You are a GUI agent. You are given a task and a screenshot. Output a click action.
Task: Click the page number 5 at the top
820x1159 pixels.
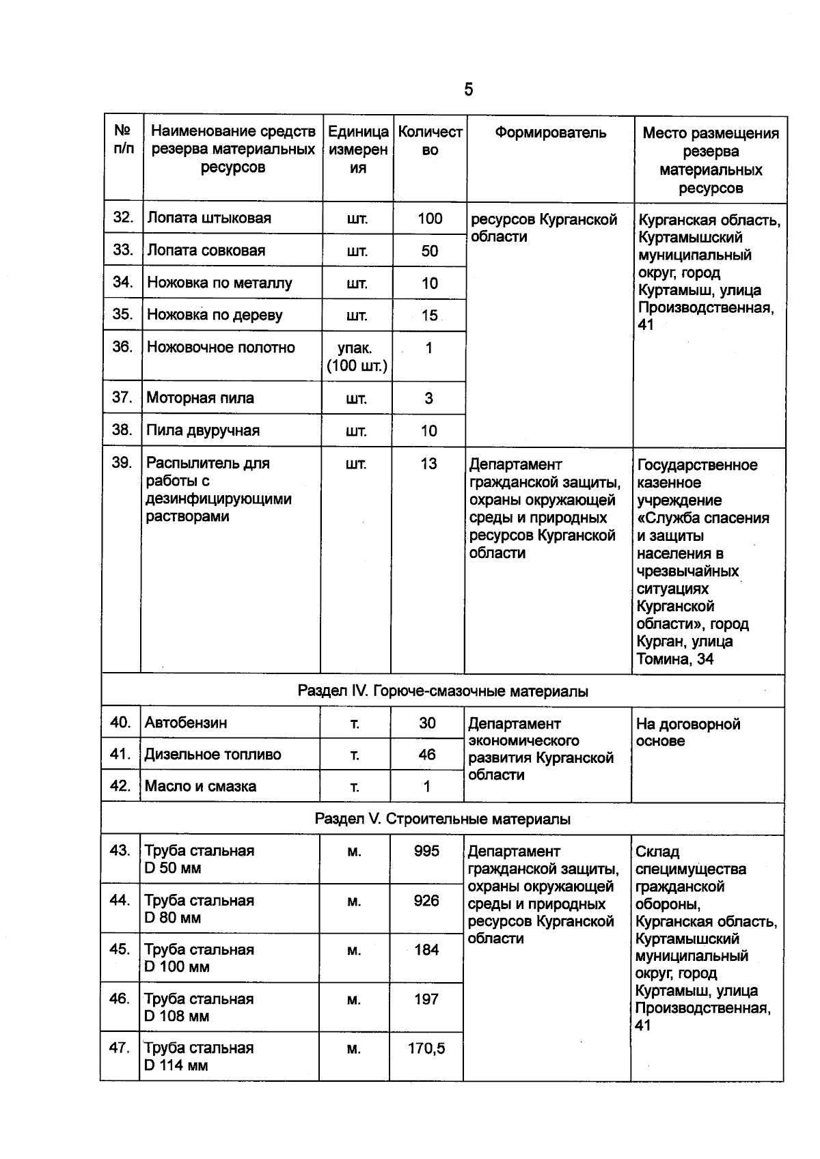[468, 89]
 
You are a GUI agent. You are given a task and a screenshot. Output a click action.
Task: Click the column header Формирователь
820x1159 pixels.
[550, 132]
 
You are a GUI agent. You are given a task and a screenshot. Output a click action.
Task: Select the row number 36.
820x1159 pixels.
[122, 347]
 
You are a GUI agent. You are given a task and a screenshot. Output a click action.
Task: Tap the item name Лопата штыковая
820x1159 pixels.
[209, 218]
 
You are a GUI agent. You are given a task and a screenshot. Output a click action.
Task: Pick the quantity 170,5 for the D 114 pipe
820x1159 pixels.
[426, 1048]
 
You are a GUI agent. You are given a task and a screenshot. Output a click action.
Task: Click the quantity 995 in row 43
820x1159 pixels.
[426, 850]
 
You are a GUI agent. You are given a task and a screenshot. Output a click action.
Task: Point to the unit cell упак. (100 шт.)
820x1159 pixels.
[356, 357]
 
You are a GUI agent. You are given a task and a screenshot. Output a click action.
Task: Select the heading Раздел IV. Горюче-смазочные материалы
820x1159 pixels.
[443, 691]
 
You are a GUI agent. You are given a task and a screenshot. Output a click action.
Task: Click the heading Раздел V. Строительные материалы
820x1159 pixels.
[443, 818]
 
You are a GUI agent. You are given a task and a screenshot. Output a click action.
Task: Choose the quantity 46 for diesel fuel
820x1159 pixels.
[427, 754]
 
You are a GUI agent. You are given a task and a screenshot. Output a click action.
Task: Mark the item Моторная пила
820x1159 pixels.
[200, 397]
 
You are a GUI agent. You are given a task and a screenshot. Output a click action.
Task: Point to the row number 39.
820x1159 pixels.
[122, 462]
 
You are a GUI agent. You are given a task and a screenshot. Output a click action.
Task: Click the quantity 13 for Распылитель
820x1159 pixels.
[428, 463]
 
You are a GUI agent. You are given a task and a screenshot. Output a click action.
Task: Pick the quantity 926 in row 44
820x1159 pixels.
[426, 900]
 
